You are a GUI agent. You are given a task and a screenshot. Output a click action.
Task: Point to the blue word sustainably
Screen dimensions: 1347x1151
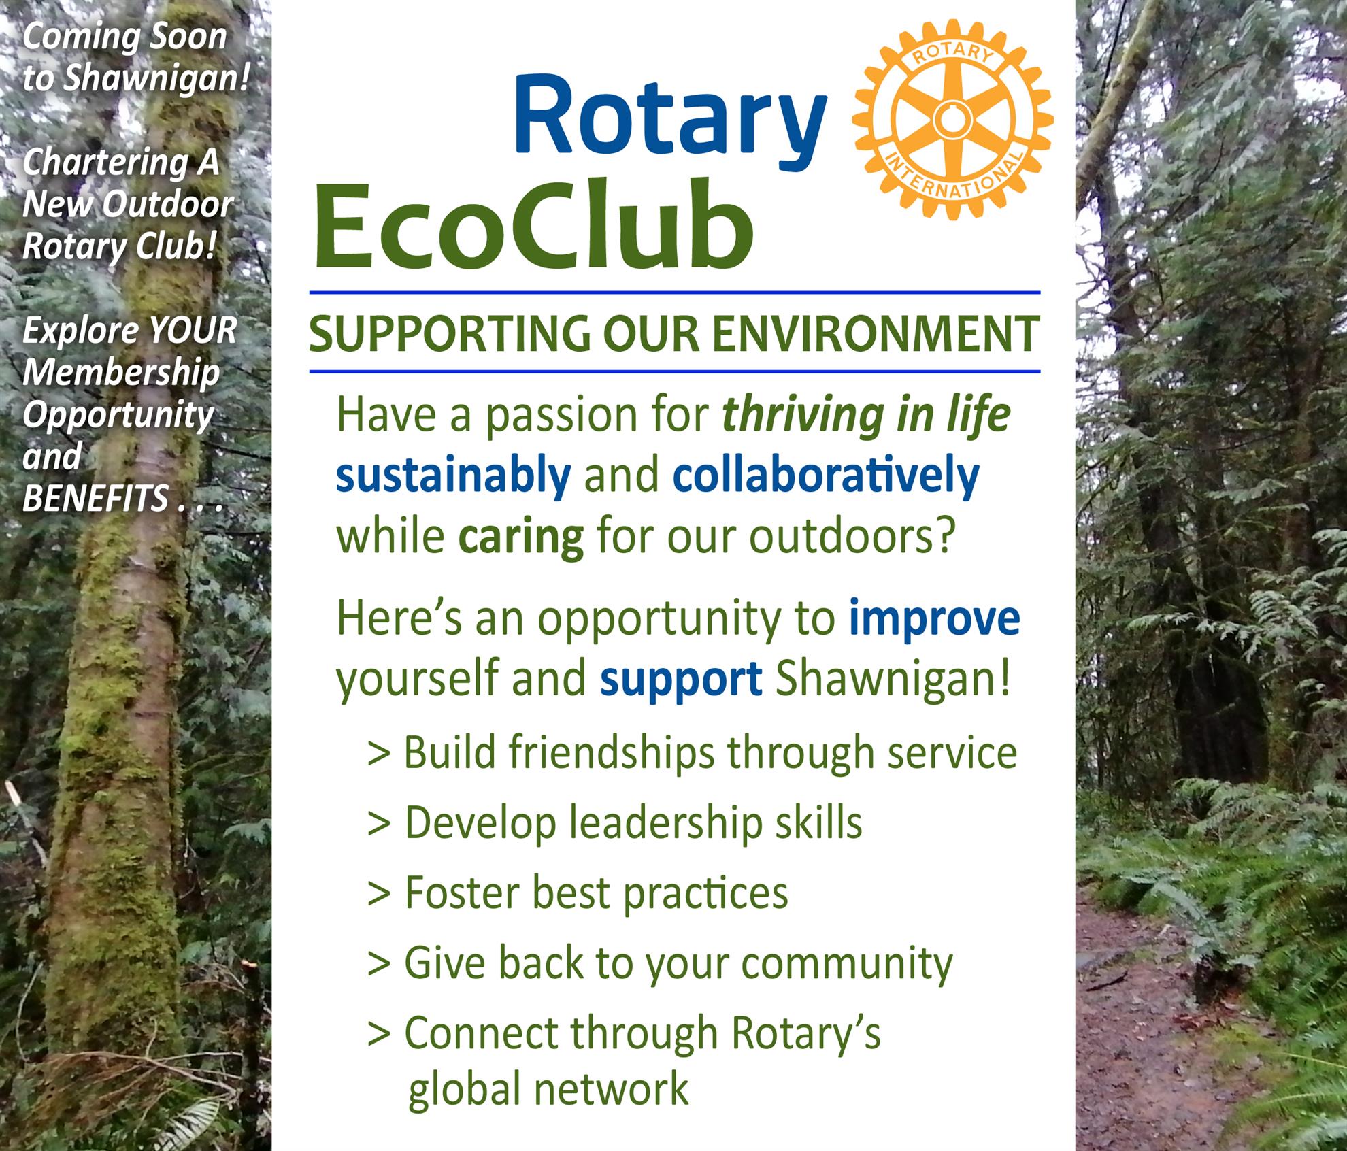point(453,477)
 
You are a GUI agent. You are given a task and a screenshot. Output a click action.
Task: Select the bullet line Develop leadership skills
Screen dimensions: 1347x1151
point(614,822)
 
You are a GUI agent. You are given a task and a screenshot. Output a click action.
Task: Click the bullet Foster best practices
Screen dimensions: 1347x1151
point(578,893)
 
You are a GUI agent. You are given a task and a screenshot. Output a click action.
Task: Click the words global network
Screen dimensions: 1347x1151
point(548,1089)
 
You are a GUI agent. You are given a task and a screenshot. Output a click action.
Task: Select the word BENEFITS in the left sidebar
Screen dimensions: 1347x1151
point(95,499)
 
